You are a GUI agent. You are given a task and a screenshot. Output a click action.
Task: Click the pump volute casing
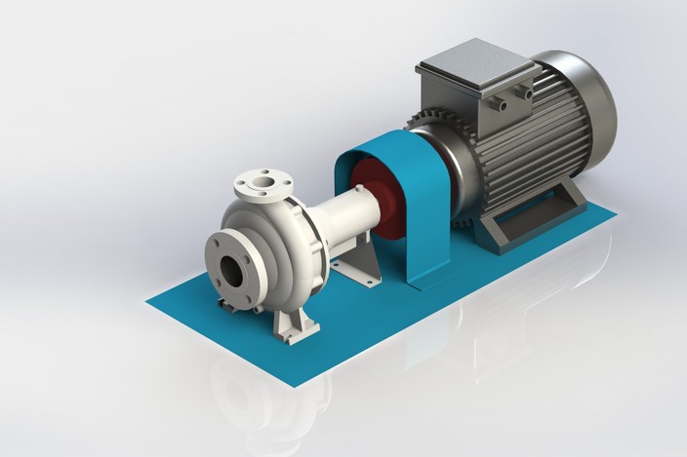point(283,234)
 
